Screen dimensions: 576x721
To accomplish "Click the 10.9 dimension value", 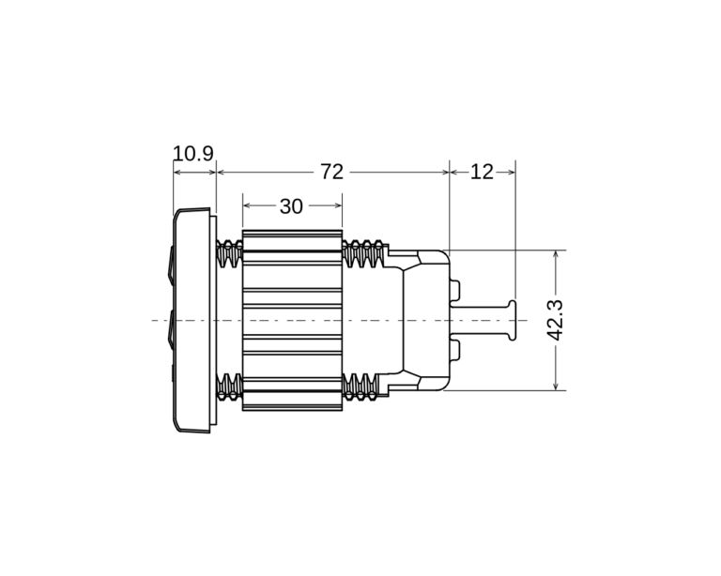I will click(x=193, y=153).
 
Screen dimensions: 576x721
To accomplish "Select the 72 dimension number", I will click(x=332, y=172).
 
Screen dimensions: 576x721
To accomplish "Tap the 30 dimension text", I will click(x=291, y=206).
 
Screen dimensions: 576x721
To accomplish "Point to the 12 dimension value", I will click(x=482, y=172).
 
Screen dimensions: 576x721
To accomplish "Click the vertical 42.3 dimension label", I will click(x=555, y=320).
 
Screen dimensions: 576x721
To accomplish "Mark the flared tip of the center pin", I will click(x=513, y=320).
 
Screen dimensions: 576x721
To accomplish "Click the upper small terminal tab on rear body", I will click(x=454, y=290).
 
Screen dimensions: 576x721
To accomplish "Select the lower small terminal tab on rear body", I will click(x=454, y=351).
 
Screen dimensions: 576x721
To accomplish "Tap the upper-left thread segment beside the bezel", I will click(x=229, y=253).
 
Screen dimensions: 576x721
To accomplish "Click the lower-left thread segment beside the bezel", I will click(x=229, y=386).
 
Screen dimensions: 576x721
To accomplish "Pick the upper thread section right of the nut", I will click(x=363, y=253).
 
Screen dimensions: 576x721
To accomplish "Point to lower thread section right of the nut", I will click(x=363, y=386).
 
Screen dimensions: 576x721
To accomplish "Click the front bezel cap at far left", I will click(x=192, y=320).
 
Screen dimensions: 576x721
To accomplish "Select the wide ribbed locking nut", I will click(x=292, y=320).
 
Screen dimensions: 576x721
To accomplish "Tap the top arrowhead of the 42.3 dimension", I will click(x=556, y=254).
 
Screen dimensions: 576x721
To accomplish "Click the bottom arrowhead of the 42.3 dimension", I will click(x=556, y=386).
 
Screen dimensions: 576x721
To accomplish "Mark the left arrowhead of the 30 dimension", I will click(x=247, y=205).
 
